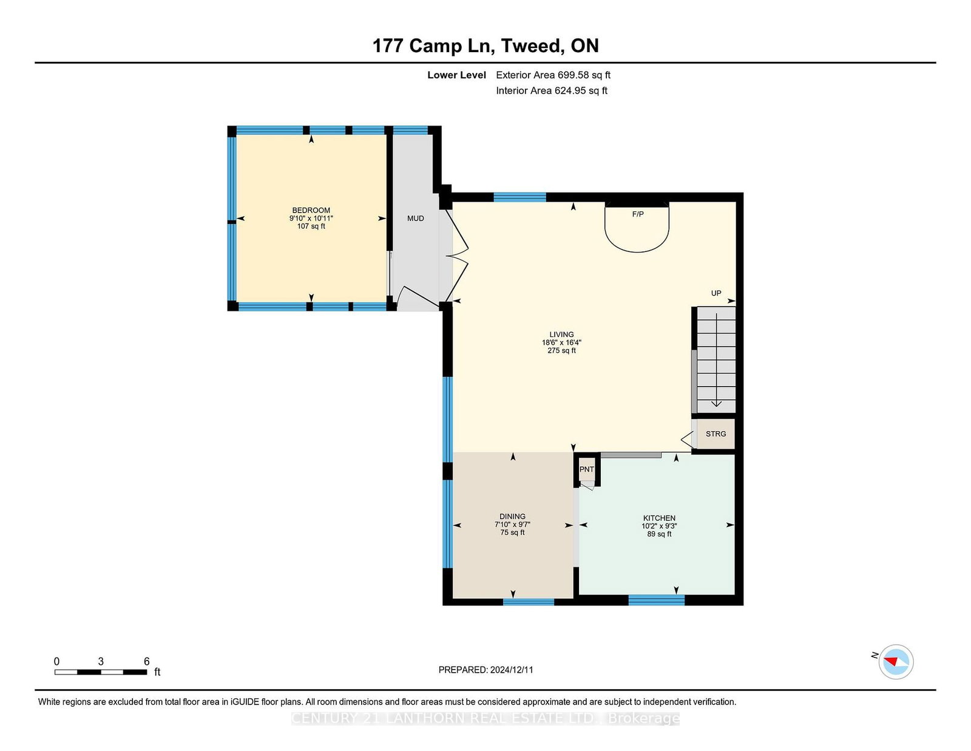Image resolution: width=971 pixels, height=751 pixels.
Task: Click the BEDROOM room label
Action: click(311, 210)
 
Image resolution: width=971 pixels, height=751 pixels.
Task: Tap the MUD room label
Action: click(416, 218)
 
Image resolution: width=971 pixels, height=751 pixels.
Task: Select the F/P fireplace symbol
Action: click(637, 227)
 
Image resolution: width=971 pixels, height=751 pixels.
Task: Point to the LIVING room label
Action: click(562, 335)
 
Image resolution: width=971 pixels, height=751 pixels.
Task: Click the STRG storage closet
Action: click(716, 433)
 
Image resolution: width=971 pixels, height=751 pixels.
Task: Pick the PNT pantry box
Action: click(587, 469)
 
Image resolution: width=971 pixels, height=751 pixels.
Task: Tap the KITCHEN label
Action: click(659, 518)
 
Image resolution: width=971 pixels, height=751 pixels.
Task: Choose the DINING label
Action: click(513, 516)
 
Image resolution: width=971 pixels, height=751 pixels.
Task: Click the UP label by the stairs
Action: click(716, 293)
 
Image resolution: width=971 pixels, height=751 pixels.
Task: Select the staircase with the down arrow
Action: click(716, 360)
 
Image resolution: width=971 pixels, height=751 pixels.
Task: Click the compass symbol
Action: click(896, 662)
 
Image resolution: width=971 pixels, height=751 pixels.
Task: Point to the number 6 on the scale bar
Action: click(147, 661)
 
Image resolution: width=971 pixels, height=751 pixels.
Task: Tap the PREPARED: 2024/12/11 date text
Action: click(486, 670)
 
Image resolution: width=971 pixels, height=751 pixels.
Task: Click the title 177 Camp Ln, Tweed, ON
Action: click(486, 46)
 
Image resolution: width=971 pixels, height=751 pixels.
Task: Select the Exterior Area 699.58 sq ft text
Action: click(553, 75)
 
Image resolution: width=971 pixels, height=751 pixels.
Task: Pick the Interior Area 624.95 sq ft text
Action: click(552, 90)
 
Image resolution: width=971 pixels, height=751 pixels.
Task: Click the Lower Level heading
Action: click(457, 75)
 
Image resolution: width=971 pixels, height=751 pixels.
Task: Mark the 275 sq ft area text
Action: click(562, 350)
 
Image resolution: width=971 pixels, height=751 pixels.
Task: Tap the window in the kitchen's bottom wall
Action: click(657, 600)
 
